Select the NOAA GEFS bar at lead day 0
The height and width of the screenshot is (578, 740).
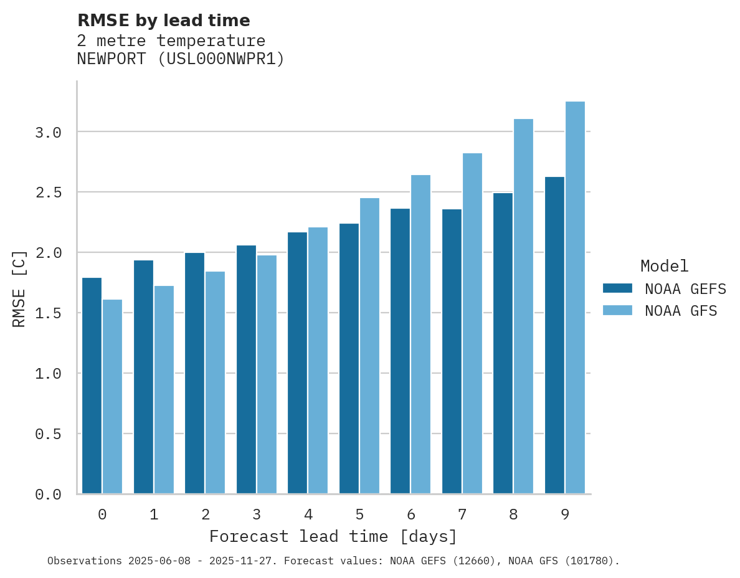92,386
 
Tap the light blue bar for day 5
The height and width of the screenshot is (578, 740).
369,346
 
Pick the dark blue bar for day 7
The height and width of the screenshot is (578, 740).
452,351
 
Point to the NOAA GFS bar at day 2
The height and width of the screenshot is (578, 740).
215,382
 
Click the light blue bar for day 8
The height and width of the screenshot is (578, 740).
523,306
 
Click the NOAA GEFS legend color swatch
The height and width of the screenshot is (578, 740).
617,288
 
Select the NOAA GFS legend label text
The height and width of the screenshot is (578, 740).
681,311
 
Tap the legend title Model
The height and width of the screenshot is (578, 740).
664,266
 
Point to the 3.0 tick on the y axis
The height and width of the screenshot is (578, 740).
48,132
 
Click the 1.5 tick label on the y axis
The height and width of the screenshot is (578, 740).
48,313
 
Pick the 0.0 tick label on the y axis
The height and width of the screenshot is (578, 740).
48,494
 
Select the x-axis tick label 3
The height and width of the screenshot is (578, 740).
257,514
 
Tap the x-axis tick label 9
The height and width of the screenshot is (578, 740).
565,514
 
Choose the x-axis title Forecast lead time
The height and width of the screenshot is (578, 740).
333,536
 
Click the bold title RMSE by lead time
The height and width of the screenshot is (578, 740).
163,21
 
